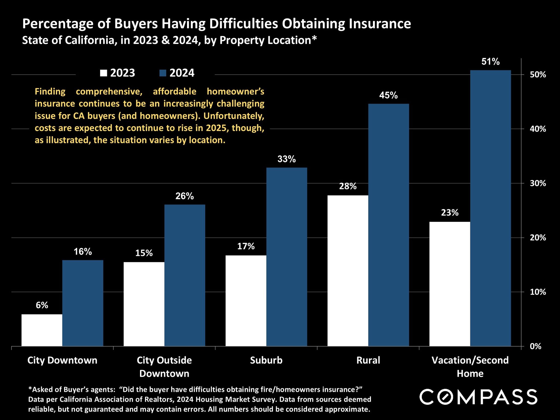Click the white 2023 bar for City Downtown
click(x=42, y=330)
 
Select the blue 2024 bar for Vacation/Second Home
click(x=491, y=208)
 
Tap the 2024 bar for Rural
click(x=389, y=225)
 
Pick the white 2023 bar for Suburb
click(x=246, y=301)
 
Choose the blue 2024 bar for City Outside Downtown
click(x=185, y=275)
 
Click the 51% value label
click(x=491, y=62)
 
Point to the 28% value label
click(x=348, y=186)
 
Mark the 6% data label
click(x=42, y=305)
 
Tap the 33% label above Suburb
click(x=287, y=159)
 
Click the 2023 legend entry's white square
click(x=104, y=73)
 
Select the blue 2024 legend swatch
click(x=163, y=73)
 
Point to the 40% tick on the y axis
click(x=538, y=129)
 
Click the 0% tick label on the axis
click(x=535, y=346)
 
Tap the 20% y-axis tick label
click(x=538, y=238)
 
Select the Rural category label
click(x=368, y=360)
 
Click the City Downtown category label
click(x=62, y=360)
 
